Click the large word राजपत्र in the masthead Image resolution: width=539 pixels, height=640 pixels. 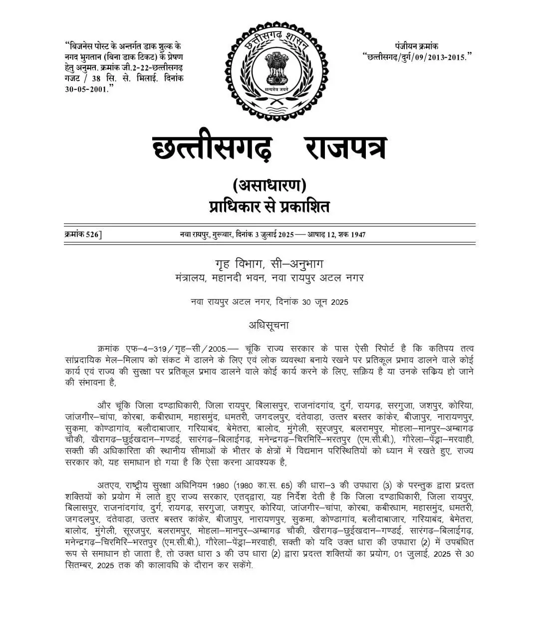click(345, 144)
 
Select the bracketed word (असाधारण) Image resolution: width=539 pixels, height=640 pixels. click(269, 186)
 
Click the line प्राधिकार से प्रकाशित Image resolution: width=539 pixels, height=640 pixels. click(269, 206)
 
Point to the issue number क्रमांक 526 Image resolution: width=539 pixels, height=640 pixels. click(83, 234)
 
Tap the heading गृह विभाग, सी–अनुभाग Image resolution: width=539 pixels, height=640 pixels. click(269, 264)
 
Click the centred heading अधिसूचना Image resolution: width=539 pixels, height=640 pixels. click(269, 325)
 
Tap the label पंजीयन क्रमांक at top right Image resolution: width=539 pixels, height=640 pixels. click(417, 46)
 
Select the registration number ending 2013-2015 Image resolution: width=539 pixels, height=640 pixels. click(417, 56)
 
